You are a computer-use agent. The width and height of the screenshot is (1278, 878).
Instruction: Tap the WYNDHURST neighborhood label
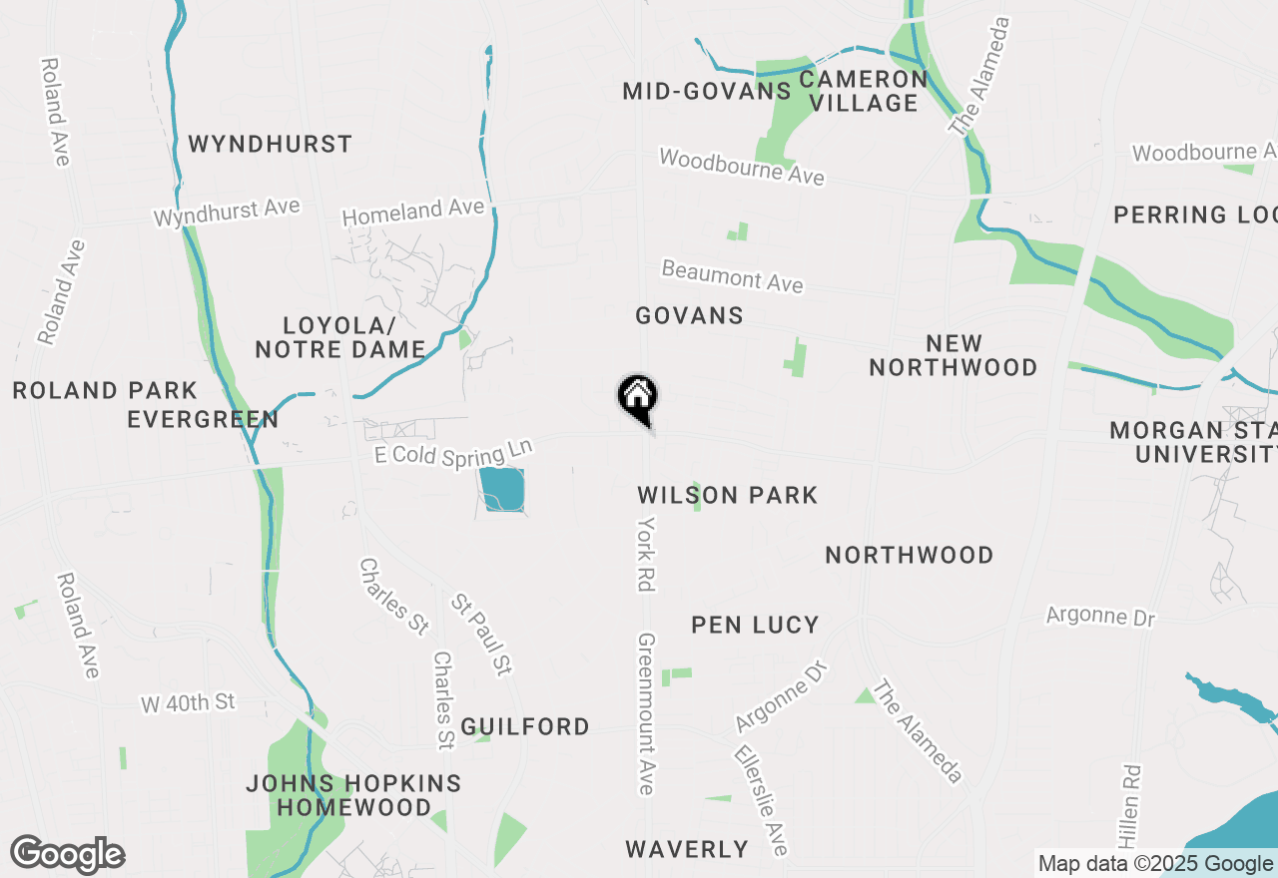(x=270, y=145)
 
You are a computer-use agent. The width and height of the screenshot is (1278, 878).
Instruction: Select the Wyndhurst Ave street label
(x=226, y=213)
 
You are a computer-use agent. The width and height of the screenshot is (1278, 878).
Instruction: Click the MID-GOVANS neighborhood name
(x=707, y=92)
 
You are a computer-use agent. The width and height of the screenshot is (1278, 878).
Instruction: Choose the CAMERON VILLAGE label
(x=864, y=91)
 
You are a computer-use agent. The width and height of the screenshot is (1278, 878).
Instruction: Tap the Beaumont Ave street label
(x=732, y=276)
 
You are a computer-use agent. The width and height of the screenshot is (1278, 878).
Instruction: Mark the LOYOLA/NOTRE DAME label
(x=340, y=337)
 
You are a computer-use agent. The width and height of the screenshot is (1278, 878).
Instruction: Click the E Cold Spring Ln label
(x=453, y=451)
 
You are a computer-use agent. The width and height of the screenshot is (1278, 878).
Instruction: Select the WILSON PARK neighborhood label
(x=728, y=495)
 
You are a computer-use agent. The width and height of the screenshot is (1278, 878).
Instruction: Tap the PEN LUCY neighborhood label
(x=755, y=626)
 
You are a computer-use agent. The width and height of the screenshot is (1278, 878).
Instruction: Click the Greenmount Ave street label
(x=647, y=713)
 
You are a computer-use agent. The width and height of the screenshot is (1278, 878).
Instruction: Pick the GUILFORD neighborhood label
(x=525, y=727)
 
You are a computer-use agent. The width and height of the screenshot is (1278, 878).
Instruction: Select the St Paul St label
(x=481, y=635)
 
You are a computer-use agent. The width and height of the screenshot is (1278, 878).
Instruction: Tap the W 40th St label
(x=188, y=703)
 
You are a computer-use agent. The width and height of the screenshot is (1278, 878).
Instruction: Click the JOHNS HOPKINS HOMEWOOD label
(x=353, y=795)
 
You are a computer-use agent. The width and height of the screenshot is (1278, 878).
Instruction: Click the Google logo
(x=67, y=855)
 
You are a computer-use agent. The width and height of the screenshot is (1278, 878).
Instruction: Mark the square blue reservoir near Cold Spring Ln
(x=502, y=489)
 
